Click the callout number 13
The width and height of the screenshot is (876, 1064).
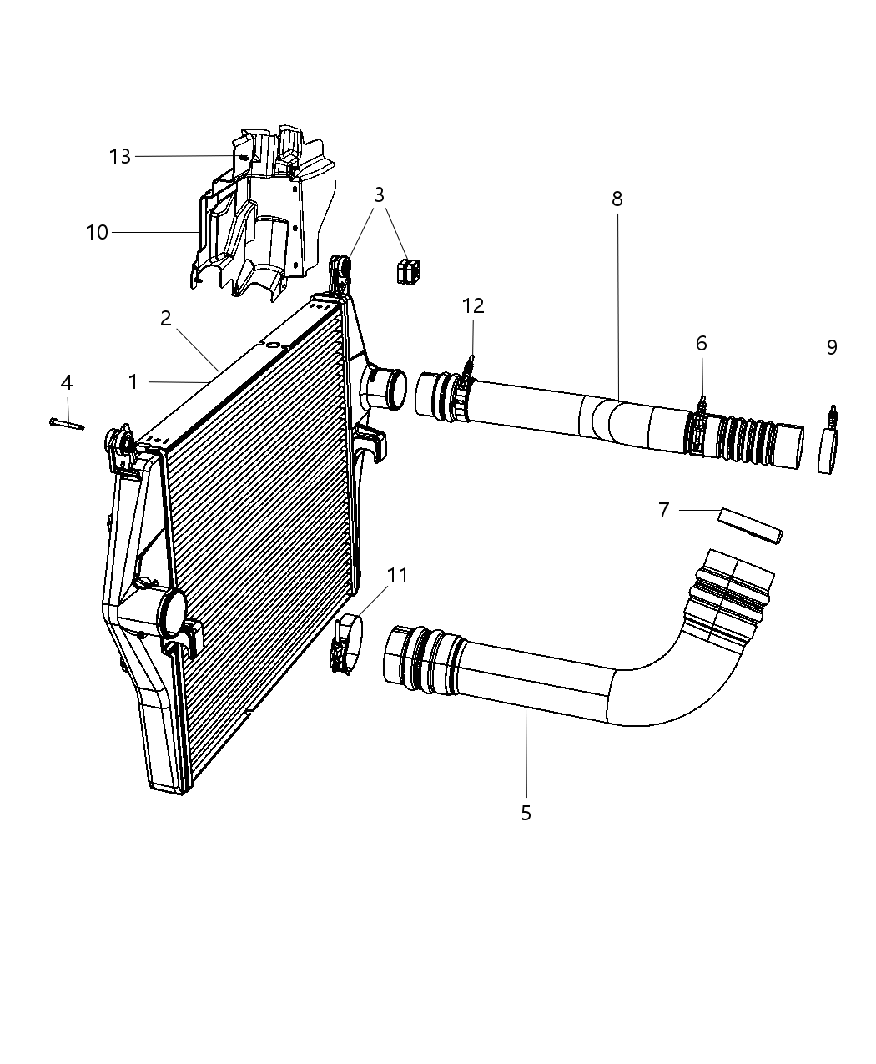coord(120,156)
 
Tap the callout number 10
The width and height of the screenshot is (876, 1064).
coord(97,232)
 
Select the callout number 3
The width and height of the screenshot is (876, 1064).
coord(379,194)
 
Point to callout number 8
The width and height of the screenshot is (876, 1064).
coord(617,199)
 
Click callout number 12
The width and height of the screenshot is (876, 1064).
coord(473,305)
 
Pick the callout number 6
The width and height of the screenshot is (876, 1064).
coord(701,344)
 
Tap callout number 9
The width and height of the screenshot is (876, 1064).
coord(832,347)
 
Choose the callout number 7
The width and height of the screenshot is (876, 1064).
coord(663,510)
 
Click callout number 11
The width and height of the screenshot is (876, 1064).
coord(397,575)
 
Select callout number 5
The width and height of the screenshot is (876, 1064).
coord(526,813)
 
